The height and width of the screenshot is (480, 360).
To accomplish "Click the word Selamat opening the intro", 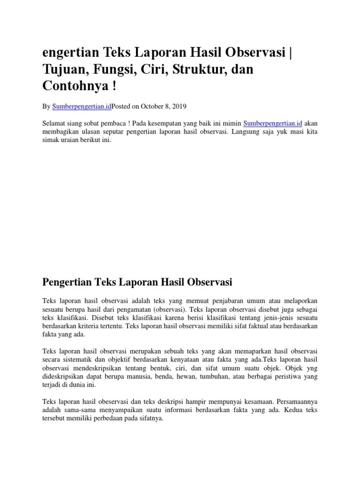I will [54, 123].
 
